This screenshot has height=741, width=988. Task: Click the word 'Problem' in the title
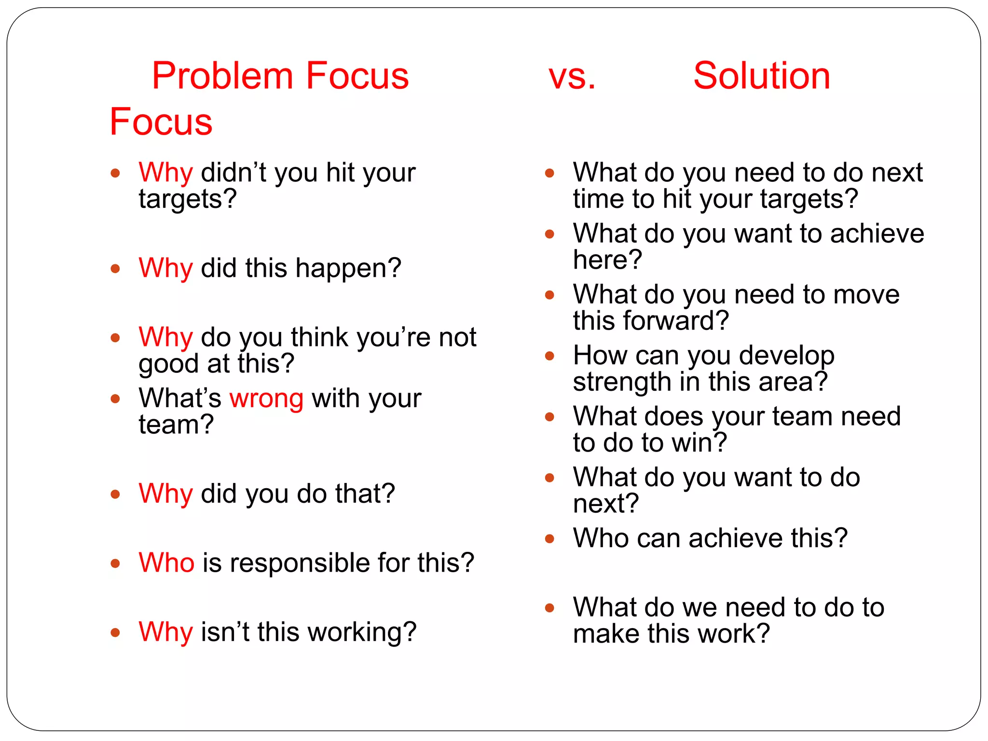222,76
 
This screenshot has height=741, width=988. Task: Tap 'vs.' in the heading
572,76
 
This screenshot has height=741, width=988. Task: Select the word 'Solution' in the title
762,76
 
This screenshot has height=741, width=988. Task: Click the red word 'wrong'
266,398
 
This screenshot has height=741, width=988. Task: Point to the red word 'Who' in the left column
166,563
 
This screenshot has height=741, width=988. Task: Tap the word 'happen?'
348,268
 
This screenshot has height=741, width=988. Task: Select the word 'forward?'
681,321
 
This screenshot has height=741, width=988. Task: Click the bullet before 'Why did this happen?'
115,269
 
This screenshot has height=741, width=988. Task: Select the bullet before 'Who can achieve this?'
549,538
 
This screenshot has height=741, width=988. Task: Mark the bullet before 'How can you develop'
549,356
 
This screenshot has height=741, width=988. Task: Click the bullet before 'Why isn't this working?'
115,632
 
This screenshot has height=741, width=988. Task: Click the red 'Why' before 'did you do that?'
165,494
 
